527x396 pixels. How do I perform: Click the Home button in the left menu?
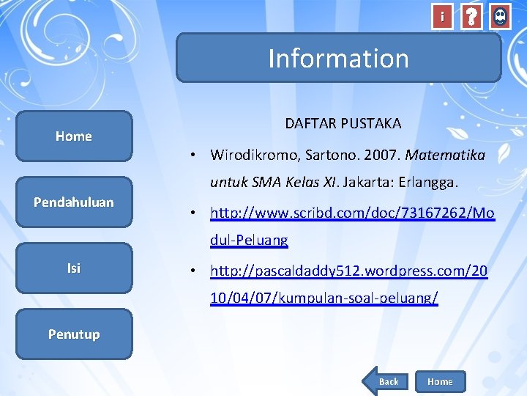[74, 136]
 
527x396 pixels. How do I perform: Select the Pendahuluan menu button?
[74, 202]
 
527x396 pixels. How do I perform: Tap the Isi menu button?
[74, 268]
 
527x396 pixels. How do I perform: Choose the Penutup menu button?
[74, 334]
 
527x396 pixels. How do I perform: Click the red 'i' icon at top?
[442, 17]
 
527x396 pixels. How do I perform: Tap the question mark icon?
[472, 17]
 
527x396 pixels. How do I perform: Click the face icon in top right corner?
[500, 16]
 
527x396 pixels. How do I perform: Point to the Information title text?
[338, 58]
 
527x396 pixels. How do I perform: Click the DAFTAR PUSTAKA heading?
[343, 124]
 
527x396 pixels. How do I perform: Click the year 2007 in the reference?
[383, 155]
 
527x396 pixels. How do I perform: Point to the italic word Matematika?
[444, 155]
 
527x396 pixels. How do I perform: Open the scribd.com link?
[352, 213]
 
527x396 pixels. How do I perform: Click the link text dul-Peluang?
[249, 240]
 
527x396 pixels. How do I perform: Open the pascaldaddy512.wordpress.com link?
[348, 271]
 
